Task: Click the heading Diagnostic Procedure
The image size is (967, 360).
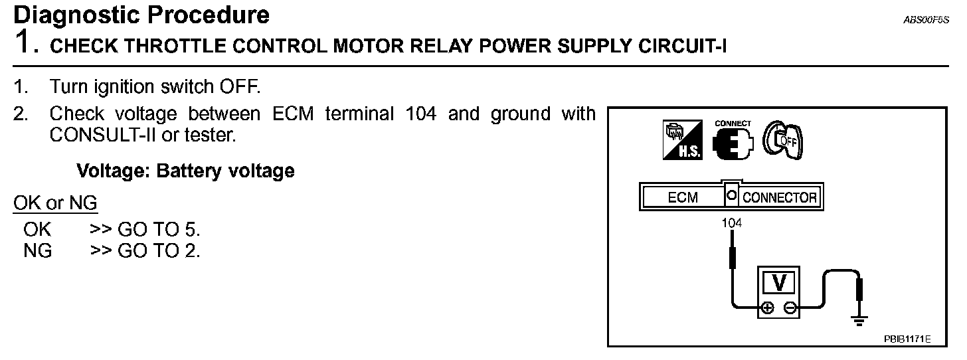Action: (x=141, y=15)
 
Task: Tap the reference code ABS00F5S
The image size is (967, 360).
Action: (x=926, y=20)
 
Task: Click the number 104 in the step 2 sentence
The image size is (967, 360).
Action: (x=420, y=114)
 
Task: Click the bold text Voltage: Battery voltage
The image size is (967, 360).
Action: (x=185, y=171)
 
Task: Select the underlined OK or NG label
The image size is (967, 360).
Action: (x=55, y=203)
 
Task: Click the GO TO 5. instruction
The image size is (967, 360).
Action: (x=159, y=230)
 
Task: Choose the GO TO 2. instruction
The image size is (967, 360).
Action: (x=159, y=251)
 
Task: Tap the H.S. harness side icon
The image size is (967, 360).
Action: (x=682, y=140)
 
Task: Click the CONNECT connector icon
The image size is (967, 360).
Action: (x=733, y=141)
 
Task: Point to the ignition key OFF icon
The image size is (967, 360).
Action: (x=784, y=139)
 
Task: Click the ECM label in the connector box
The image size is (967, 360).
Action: (x=683, y=198)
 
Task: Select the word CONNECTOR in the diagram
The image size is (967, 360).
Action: (x=779, y=198)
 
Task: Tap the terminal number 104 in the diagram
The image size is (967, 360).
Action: (x=732, y=223)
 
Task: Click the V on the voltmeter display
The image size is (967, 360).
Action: (x=780, y=283)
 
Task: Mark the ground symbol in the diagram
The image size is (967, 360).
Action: (x=860, y=321)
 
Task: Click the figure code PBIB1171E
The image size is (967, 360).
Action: (x=907, y=339)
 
